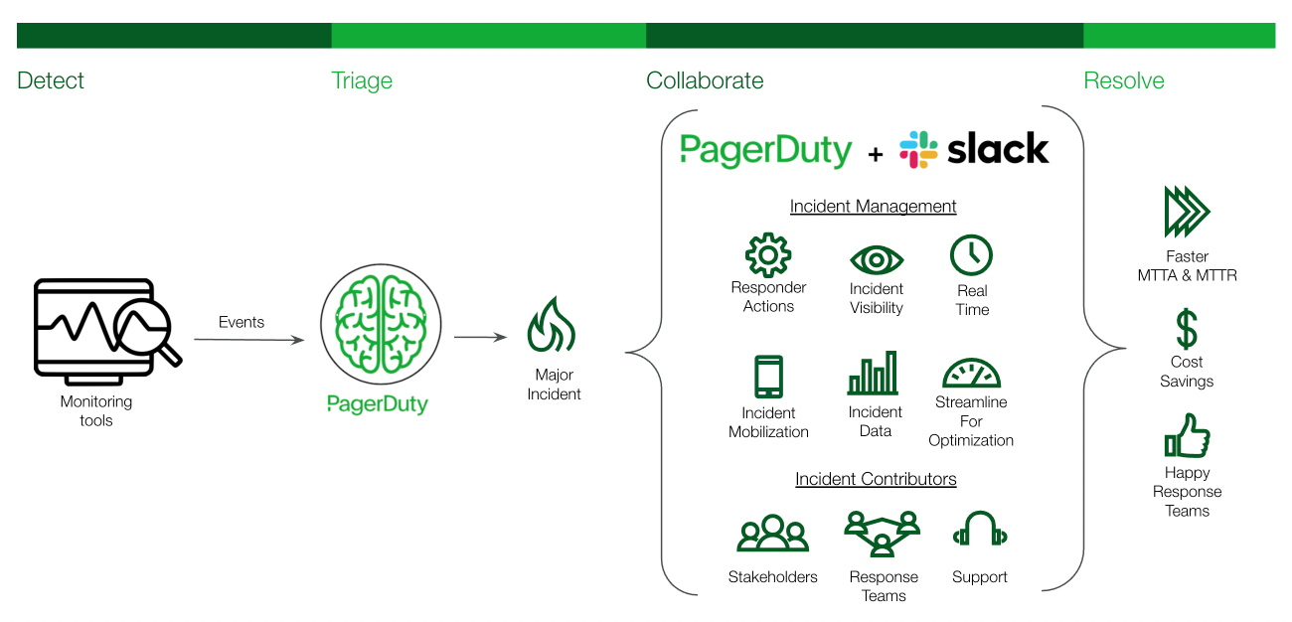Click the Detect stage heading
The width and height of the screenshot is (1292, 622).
pyautogui.click(x=51, y=80)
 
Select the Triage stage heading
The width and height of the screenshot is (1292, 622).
pyautogui.click(x=362, y=80)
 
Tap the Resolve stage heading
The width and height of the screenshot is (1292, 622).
pyautogui.click(x=1123, y=80)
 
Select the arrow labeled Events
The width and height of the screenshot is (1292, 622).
pyautogui.click(x=248, y=340)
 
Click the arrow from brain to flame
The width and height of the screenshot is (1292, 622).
pyautogui.click(x=480, y=338)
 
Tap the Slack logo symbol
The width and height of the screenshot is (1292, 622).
pyautogui.click(x=918, y=149)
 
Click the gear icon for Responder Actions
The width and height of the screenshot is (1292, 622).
pyautogui.click(x=767, y=254)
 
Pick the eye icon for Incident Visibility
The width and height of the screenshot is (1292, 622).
pyautogui.click(x=877, y=260)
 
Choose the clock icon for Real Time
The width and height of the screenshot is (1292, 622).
pyautogui.click(x=971, y=255)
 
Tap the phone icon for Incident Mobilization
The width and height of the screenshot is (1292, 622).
pyautogui.click(x=768, y=378)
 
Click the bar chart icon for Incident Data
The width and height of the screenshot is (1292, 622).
pyautogui.click(x=874, y=374)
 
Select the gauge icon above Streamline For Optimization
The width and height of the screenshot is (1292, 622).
pyautogui.click(x=970, y=374)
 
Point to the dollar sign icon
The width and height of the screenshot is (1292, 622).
pyautogui.click(x=1187, y=329)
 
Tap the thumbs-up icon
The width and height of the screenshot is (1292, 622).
pyautogui.click(x=1187, y=436)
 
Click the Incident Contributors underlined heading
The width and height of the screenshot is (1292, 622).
pyautogui.click(x=876, y=479)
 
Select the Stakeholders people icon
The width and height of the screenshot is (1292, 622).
pyautogui.click(x=772, y=534)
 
